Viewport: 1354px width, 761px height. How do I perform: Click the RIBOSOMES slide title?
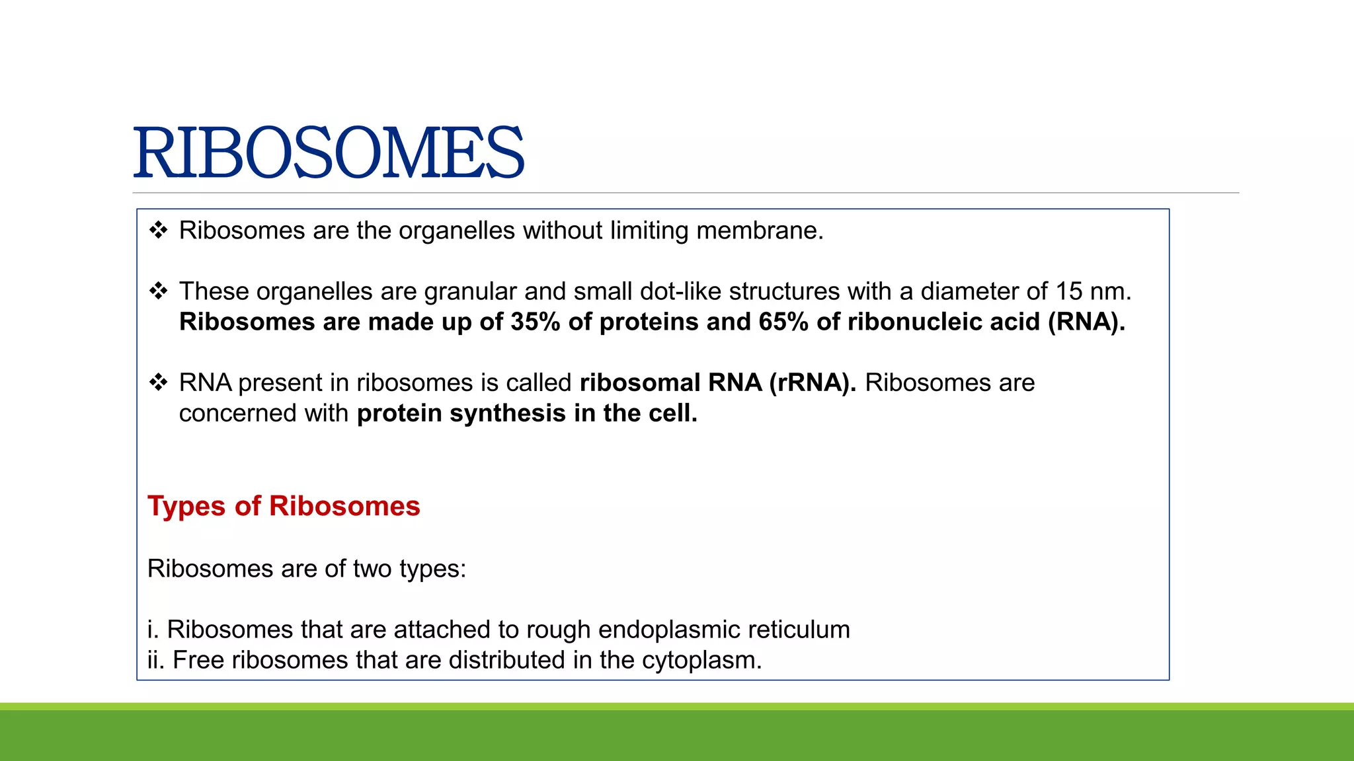[x=329, y=153]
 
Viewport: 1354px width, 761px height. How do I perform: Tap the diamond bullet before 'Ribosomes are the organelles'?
[x=158, y=231]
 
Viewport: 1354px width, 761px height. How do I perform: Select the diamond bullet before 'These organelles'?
[x=158, y=291]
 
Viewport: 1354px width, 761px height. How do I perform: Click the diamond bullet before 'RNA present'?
[x=158, y=382]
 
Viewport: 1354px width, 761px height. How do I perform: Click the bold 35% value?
[x=536, y=322]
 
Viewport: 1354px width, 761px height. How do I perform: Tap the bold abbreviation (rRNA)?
[x=813, y=382]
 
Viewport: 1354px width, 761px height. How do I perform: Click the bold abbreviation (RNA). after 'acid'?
[x=1086, y=322]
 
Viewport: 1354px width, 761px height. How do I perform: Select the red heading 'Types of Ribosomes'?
[x=284, y=506]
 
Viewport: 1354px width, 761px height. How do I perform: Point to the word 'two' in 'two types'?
[x=373, y=569]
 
